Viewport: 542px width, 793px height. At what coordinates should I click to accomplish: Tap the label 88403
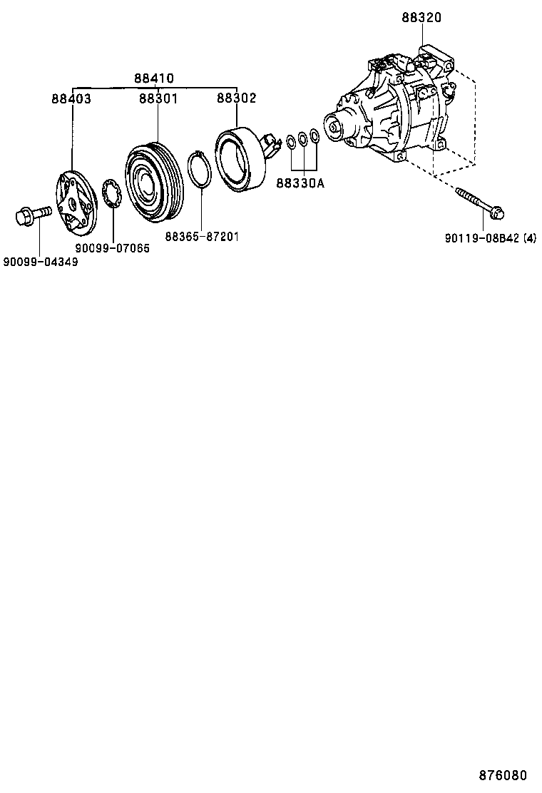(x=71, y=99)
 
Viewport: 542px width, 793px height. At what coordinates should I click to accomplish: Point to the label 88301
(x=158, y=99)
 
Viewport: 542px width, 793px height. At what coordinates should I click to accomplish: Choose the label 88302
(x=237, y=99)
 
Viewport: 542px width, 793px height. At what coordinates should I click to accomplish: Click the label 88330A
(x=300, y=184)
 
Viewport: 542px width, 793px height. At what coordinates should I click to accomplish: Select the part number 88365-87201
(x=202, y=235)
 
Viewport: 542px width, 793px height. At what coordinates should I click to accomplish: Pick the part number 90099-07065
(x=113, y=248)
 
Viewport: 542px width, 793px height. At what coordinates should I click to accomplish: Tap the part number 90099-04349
(x=40, y=262)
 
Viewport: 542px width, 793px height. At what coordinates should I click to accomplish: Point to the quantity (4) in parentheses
(x=529, y=238)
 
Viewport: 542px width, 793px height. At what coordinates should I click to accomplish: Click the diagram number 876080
(x=507, y=775)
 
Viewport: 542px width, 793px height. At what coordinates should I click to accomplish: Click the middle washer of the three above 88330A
(x=303, y=138)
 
